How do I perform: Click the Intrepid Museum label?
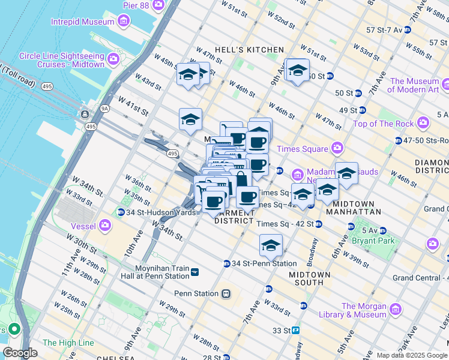click(82, 22)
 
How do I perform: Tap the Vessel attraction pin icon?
click(106, 225)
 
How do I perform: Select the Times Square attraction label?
click(303, 149)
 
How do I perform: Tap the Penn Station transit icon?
click(226, 293)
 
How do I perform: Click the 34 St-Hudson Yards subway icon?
click(121, 212)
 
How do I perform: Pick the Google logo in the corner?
click(20, 353)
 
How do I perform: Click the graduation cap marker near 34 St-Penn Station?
click(271, 245)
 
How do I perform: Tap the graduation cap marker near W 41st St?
click(190, 119)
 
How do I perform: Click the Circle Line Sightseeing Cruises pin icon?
click(113, 60)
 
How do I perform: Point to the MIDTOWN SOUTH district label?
click(309, 278)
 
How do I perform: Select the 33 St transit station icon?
click(295, 330)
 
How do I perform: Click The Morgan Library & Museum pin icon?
click(395, 310)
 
